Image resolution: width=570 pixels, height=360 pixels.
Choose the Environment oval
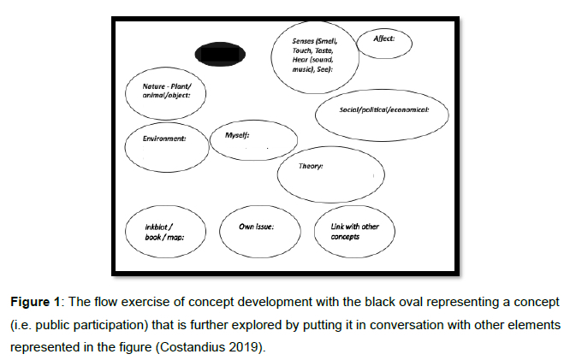tap(167, 147)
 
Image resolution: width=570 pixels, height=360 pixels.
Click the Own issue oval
tap(258, 232)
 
